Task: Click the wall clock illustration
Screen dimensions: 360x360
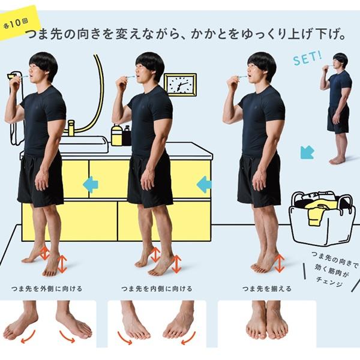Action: pos(179,85)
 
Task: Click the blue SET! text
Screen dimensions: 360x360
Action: pos(307,59)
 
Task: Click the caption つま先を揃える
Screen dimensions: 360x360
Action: pos(267,289)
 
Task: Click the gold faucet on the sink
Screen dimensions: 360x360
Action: pos(71,128)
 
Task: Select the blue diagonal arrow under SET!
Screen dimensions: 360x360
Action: pos(307,152)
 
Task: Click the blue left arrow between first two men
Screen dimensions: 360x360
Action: pos(90,184)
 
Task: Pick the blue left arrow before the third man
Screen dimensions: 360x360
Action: pos(204,184)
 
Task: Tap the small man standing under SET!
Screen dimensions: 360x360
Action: pos(339,108)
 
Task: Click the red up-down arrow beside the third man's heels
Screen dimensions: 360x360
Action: pos(279,263)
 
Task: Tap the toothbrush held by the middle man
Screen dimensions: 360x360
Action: pos(128,77)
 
